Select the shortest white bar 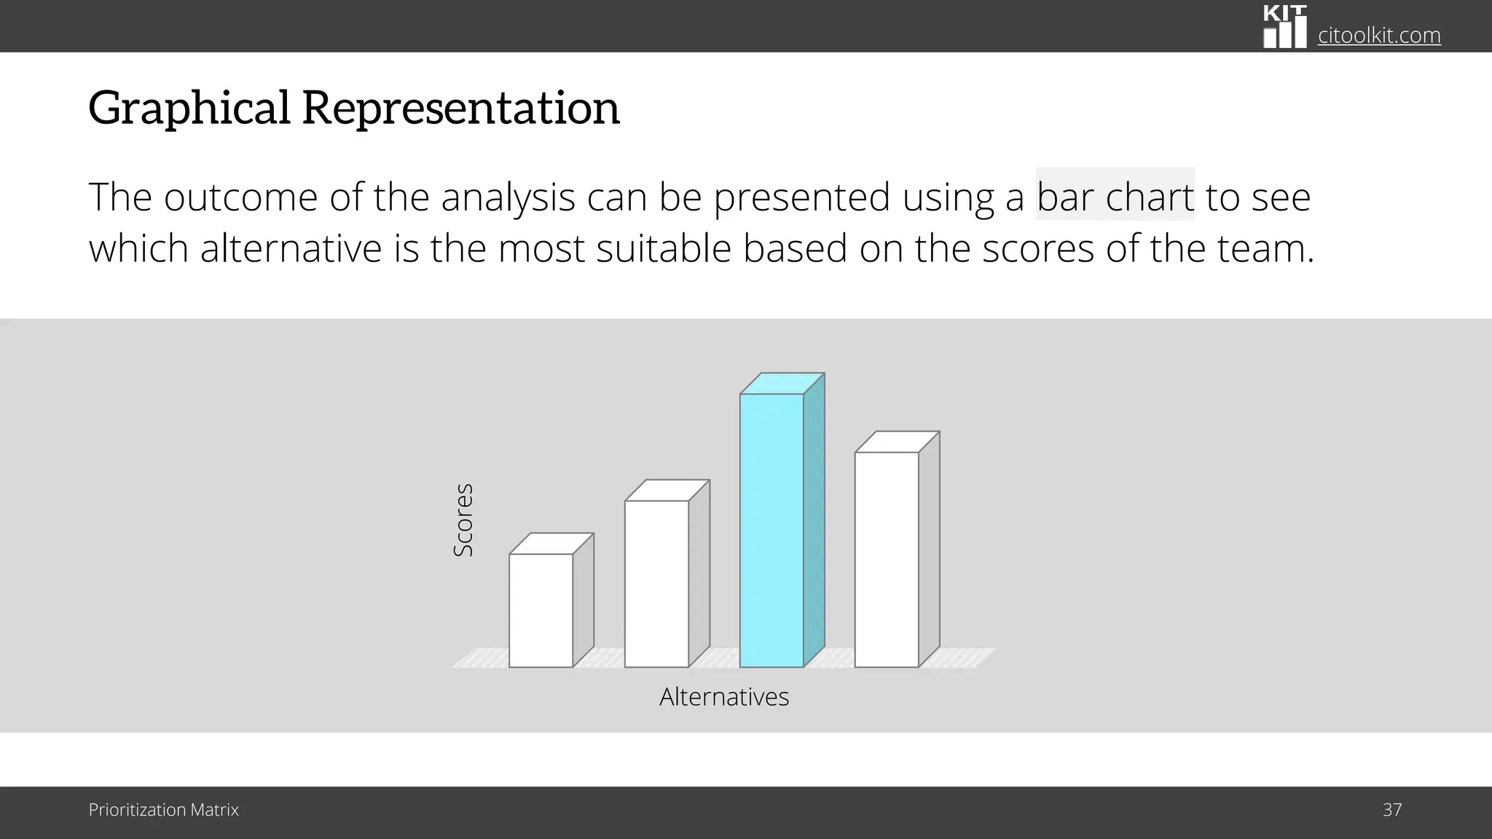541,610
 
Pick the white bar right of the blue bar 887,559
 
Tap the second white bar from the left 656,583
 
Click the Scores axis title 463,520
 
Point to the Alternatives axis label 723,697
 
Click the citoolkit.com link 1379,35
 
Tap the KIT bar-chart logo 1284,27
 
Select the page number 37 1392,810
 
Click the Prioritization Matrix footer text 163,810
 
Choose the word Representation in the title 460,108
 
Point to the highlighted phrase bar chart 1115,197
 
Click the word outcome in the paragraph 240,198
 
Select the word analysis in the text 508,198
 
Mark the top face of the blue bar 782,384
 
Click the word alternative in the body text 291,249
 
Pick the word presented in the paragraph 801,198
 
